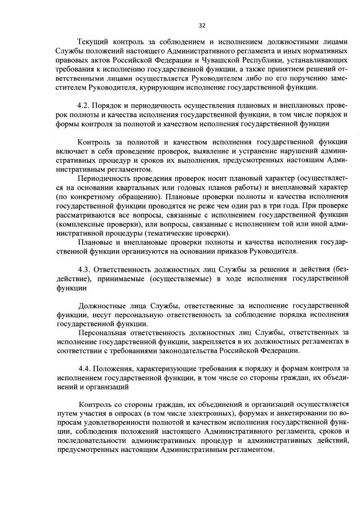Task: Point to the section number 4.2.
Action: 85,105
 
